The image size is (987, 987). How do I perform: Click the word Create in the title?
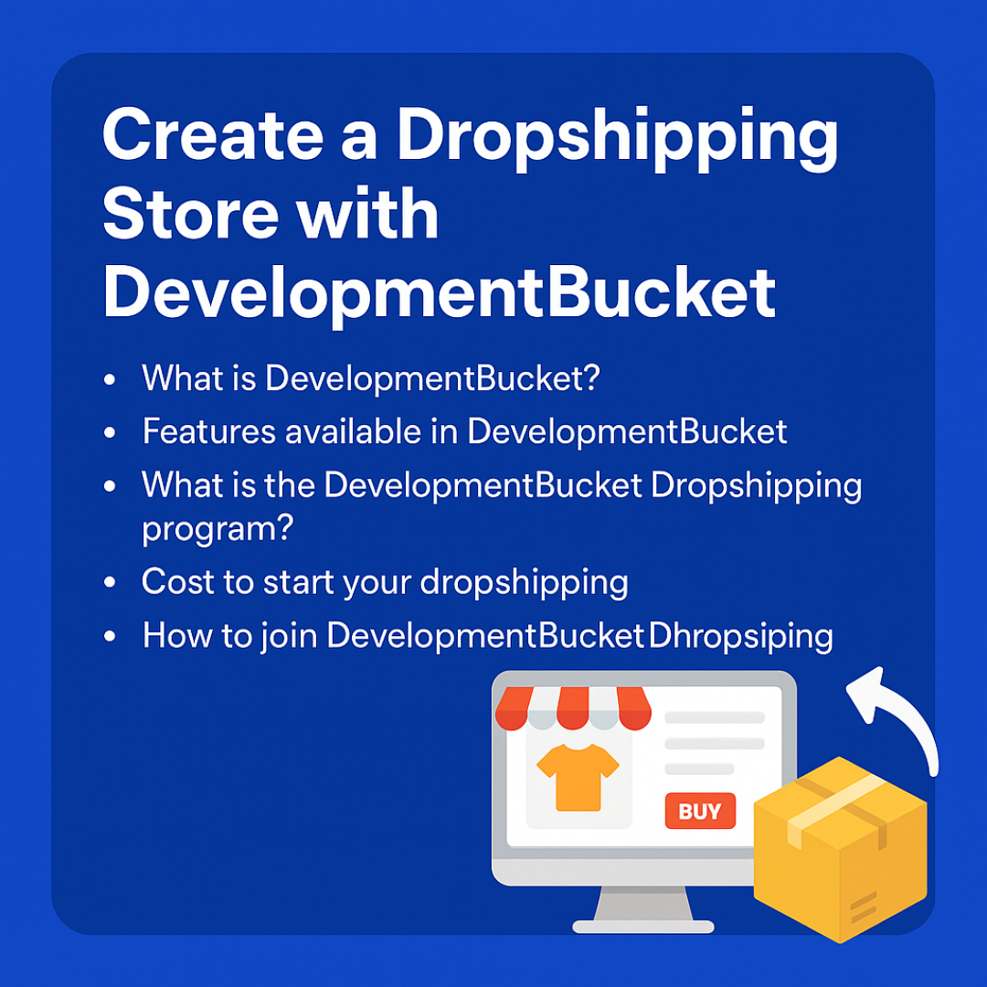tap(213, 135)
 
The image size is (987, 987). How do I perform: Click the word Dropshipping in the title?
tap(618, 140)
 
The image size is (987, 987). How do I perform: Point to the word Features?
tap(209, 431)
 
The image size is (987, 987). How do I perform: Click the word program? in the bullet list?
tap(218, 529)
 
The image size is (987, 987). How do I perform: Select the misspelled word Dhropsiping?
tap(741, 636)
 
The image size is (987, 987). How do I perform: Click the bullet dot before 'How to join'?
tap(110, 636)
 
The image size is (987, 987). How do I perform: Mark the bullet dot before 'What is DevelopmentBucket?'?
tap(110, 379)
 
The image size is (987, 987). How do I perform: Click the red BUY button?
tap(700, 811)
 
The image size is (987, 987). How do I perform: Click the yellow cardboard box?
tap(841, 850)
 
